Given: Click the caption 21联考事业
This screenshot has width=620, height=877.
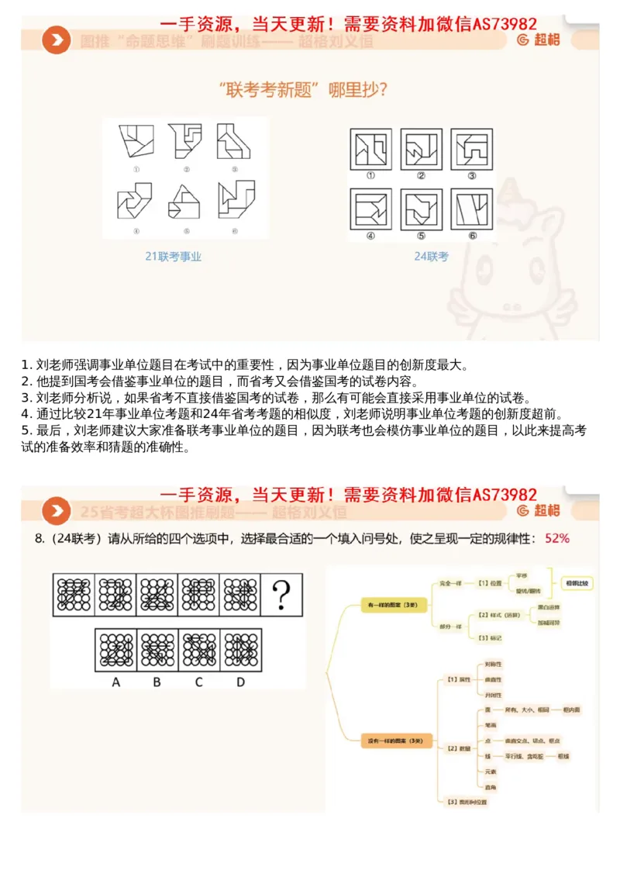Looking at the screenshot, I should (173, 257).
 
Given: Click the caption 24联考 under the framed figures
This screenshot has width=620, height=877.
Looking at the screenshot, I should (432, 257).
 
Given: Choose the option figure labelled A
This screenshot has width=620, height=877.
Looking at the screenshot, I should (115, 650).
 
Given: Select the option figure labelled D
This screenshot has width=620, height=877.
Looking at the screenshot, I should (240, 650).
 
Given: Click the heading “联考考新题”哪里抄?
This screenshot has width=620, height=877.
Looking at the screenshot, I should (303, 90).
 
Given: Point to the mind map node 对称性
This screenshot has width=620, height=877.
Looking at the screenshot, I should (492, 665).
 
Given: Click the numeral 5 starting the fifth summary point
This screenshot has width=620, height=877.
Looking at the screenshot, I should (26, 429).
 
